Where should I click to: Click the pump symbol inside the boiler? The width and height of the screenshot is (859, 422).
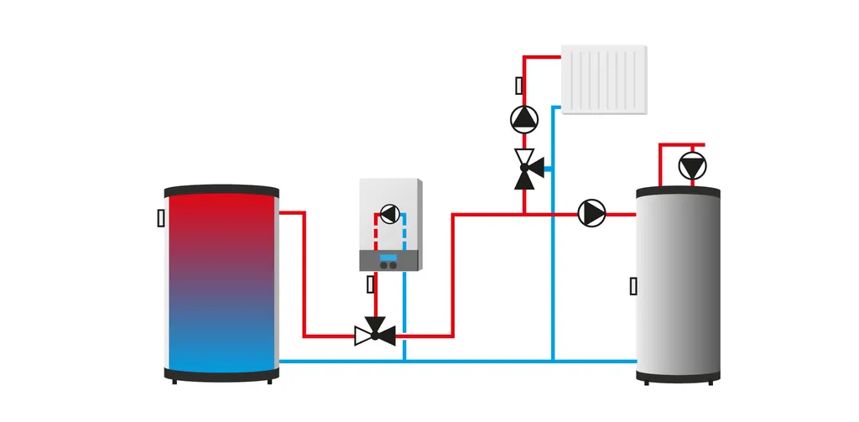tap(389, 214)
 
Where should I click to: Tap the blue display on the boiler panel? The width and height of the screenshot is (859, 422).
tap(388, 257)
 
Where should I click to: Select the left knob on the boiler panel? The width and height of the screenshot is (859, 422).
tap(383, 265)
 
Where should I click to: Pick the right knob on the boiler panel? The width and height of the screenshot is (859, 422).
tap(393, 265)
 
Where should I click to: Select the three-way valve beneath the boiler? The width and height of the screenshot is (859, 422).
tap(375, 334)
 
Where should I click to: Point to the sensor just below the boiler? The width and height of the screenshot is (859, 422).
tap(371, 284)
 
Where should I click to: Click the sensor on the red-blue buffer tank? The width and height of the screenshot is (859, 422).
tap(161, 218)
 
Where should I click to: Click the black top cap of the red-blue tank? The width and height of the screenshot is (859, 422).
tap(221, 190)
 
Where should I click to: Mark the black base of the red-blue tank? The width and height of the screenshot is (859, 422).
tap(221, 374)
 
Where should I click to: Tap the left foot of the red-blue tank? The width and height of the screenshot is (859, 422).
tap(174, 382)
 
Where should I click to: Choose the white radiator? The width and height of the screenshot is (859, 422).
tap(604, 79)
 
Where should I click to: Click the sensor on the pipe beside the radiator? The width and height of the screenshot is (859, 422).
tap(519, 86)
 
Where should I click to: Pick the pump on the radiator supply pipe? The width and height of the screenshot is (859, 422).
tap(524, 119)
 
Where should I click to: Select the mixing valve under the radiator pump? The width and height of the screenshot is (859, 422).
tap(526, 169)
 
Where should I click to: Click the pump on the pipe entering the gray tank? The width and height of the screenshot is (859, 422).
tap(591, 213)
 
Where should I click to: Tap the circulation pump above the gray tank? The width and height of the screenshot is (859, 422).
tap(692, 165)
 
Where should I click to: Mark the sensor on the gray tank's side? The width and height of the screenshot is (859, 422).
tap(633, 286)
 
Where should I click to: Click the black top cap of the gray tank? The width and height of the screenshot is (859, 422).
tap(678, 192)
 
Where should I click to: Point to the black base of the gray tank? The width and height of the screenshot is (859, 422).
tap(678, 375)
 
